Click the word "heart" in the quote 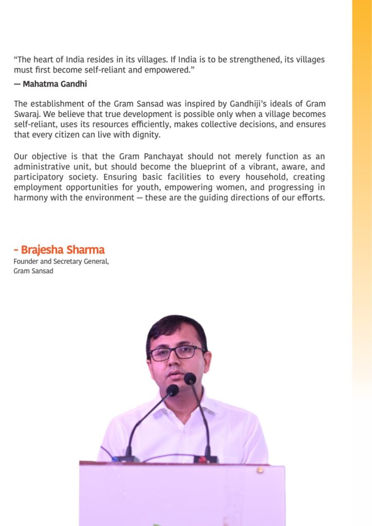42,60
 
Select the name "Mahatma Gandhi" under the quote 54,84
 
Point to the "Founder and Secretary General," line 61,261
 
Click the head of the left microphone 172,390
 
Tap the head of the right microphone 190,379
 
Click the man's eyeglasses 177,353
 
